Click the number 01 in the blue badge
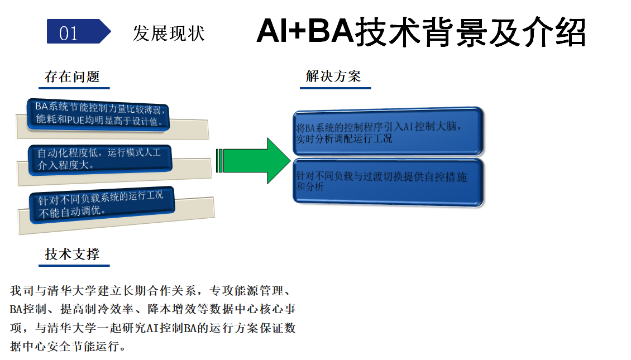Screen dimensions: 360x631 point(69,33)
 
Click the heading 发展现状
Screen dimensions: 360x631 point(169,33)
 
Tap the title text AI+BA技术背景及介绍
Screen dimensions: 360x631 point(420,31)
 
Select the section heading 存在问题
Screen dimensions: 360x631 point(72,77)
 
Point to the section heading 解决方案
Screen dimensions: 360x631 point(333,77)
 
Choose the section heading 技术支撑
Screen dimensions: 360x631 point(72,255)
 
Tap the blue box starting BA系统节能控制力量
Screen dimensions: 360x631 point(99,114)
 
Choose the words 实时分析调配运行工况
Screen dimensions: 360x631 point(344,138)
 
